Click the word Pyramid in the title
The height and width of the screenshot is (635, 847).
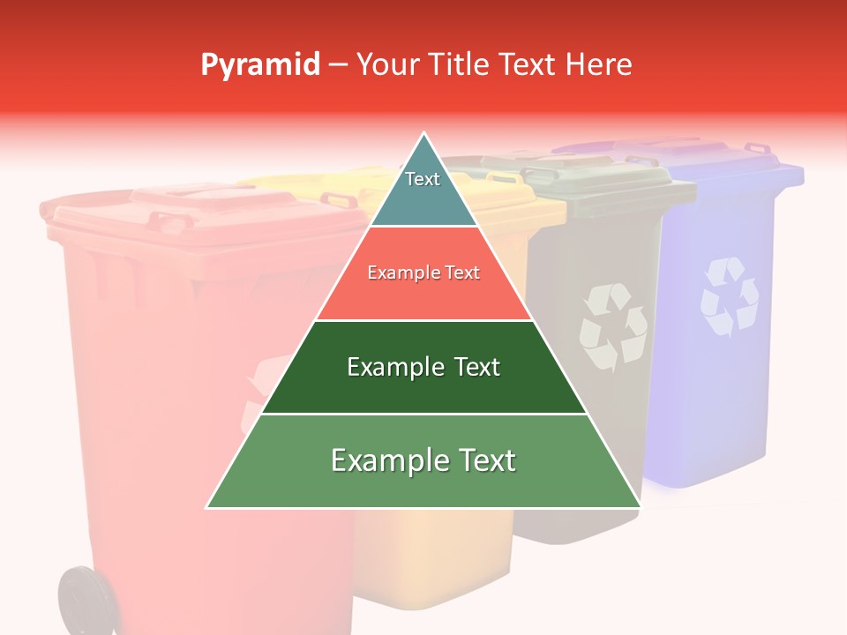point(260,65)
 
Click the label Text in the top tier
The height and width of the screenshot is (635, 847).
point(423,179)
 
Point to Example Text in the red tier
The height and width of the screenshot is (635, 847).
point(423,273)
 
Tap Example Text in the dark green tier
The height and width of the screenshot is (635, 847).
point(423,367)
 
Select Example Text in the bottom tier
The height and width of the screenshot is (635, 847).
point(423,460)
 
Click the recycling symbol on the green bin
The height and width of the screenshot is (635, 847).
point(611,326)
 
